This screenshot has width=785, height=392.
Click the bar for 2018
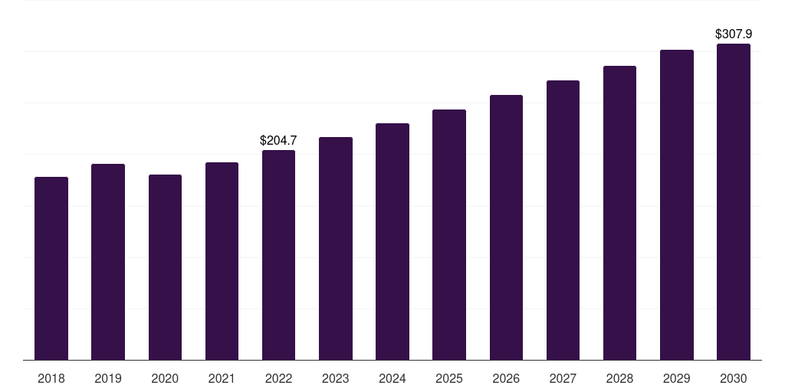pos(51,269)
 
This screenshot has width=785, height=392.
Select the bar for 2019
pos(108,262)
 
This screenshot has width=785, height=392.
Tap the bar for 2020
pos(165,267)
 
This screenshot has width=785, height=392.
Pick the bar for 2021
pos(222,261)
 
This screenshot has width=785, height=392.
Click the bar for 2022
pos(278,255)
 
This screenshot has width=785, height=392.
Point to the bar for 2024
pos(392,241)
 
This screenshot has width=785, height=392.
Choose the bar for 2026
pos(506,227)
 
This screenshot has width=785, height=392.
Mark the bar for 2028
pos(619,213)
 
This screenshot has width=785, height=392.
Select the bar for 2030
pos(734,202)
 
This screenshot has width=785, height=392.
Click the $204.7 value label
pos(278,141)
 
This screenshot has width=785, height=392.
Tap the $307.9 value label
pos(734,34)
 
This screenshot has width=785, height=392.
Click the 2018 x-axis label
pos(51,378)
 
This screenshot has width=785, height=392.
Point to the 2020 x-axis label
pos(165,378)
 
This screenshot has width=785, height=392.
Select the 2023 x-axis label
pos(336,378)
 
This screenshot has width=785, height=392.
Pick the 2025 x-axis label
pos(449,378)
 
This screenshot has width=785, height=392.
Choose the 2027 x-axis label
pos(563,378)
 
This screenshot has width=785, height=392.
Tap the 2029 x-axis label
pos(676,378)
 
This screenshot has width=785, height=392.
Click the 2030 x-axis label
pos(734,378)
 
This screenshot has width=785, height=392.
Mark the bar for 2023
pos(336,249)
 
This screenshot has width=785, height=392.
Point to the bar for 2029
pos(677,205)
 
